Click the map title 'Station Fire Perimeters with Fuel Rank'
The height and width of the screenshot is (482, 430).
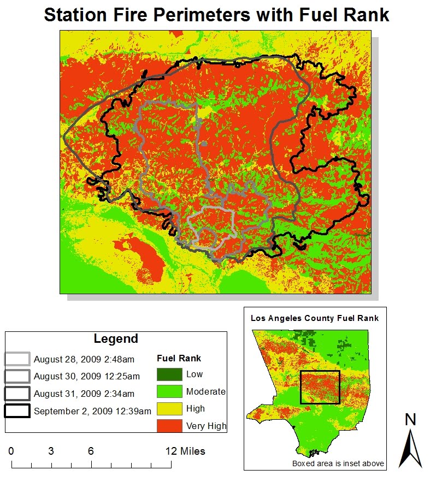(216, 15)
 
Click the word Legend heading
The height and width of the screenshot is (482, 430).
(116, 338)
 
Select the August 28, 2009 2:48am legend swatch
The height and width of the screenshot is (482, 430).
(17, 359)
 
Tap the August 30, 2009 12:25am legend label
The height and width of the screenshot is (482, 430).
(87, 376)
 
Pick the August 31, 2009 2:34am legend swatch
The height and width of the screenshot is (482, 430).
(17, 393)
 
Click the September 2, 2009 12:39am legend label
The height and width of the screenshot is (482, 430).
(92, 410)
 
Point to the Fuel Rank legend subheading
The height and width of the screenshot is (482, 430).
(179, 359)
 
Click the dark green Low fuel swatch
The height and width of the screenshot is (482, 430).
(169, 374)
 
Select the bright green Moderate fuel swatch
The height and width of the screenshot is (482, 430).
(169, 391)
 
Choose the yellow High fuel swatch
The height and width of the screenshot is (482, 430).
(169, 408)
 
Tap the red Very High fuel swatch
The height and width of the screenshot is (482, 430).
(169, 426)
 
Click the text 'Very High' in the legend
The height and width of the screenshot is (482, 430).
(206, 426)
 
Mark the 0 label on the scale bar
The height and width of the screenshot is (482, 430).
(11, 451)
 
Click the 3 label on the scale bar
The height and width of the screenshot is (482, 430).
(50, 451)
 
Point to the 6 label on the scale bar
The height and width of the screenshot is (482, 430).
(90, 451)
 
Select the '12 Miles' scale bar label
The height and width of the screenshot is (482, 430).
(185, 451)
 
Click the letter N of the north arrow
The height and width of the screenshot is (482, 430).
(411, 419)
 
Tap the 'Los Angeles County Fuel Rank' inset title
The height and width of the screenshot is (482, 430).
(315, 318)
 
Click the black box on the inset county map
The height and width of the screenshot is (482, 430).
(320, 387)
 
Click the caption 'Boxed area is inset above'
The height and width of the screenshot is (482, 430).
(338, 464)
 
